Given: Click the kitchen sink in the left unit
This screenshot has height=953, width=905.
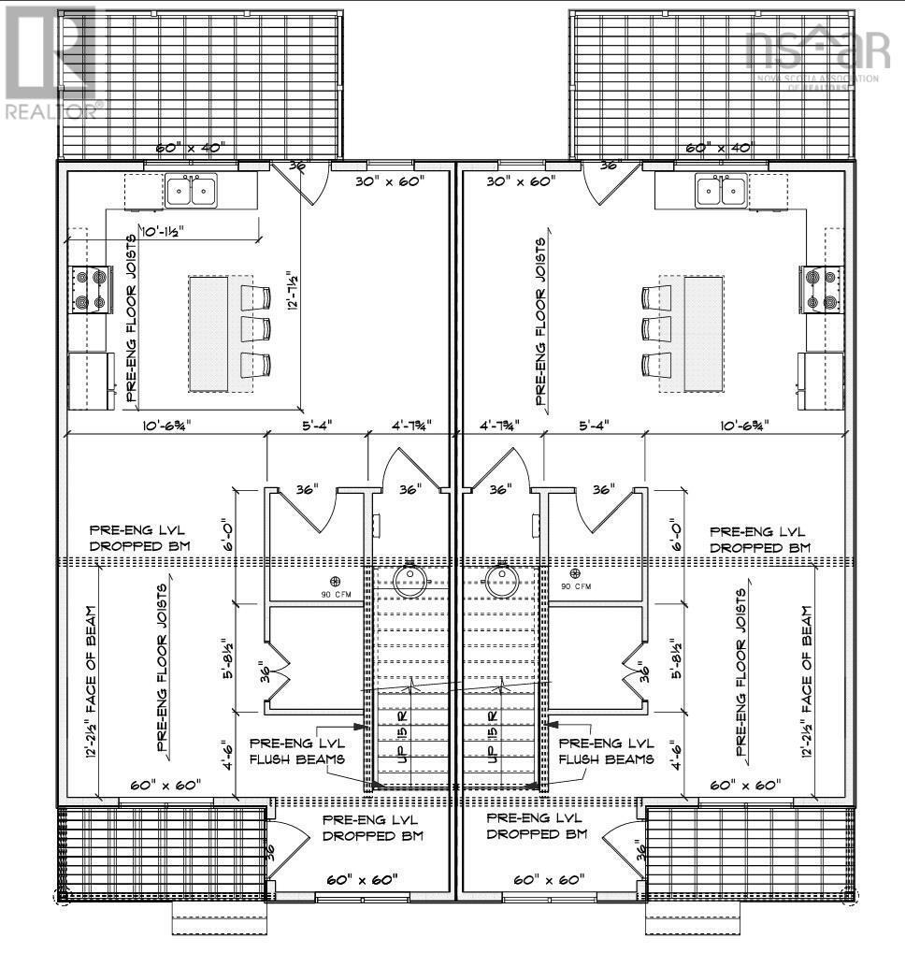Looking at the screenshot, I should (x=191, y=191).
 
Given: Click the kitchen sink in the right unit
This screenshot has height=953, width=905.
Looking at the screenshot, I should (x=722, y=191).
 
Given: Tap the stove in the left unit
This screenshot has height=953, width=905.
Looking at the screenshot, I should (x=89, y=290).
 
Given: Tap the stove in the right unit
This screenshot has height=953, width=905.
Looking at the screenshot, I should (x=824, y=290).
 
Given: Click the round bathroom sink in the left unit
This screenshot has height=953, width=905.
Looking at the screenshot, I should (x=409, y=580).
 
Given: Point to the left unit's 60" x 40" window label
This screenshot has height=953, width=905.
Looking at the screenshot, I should (x=188, y=149).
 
